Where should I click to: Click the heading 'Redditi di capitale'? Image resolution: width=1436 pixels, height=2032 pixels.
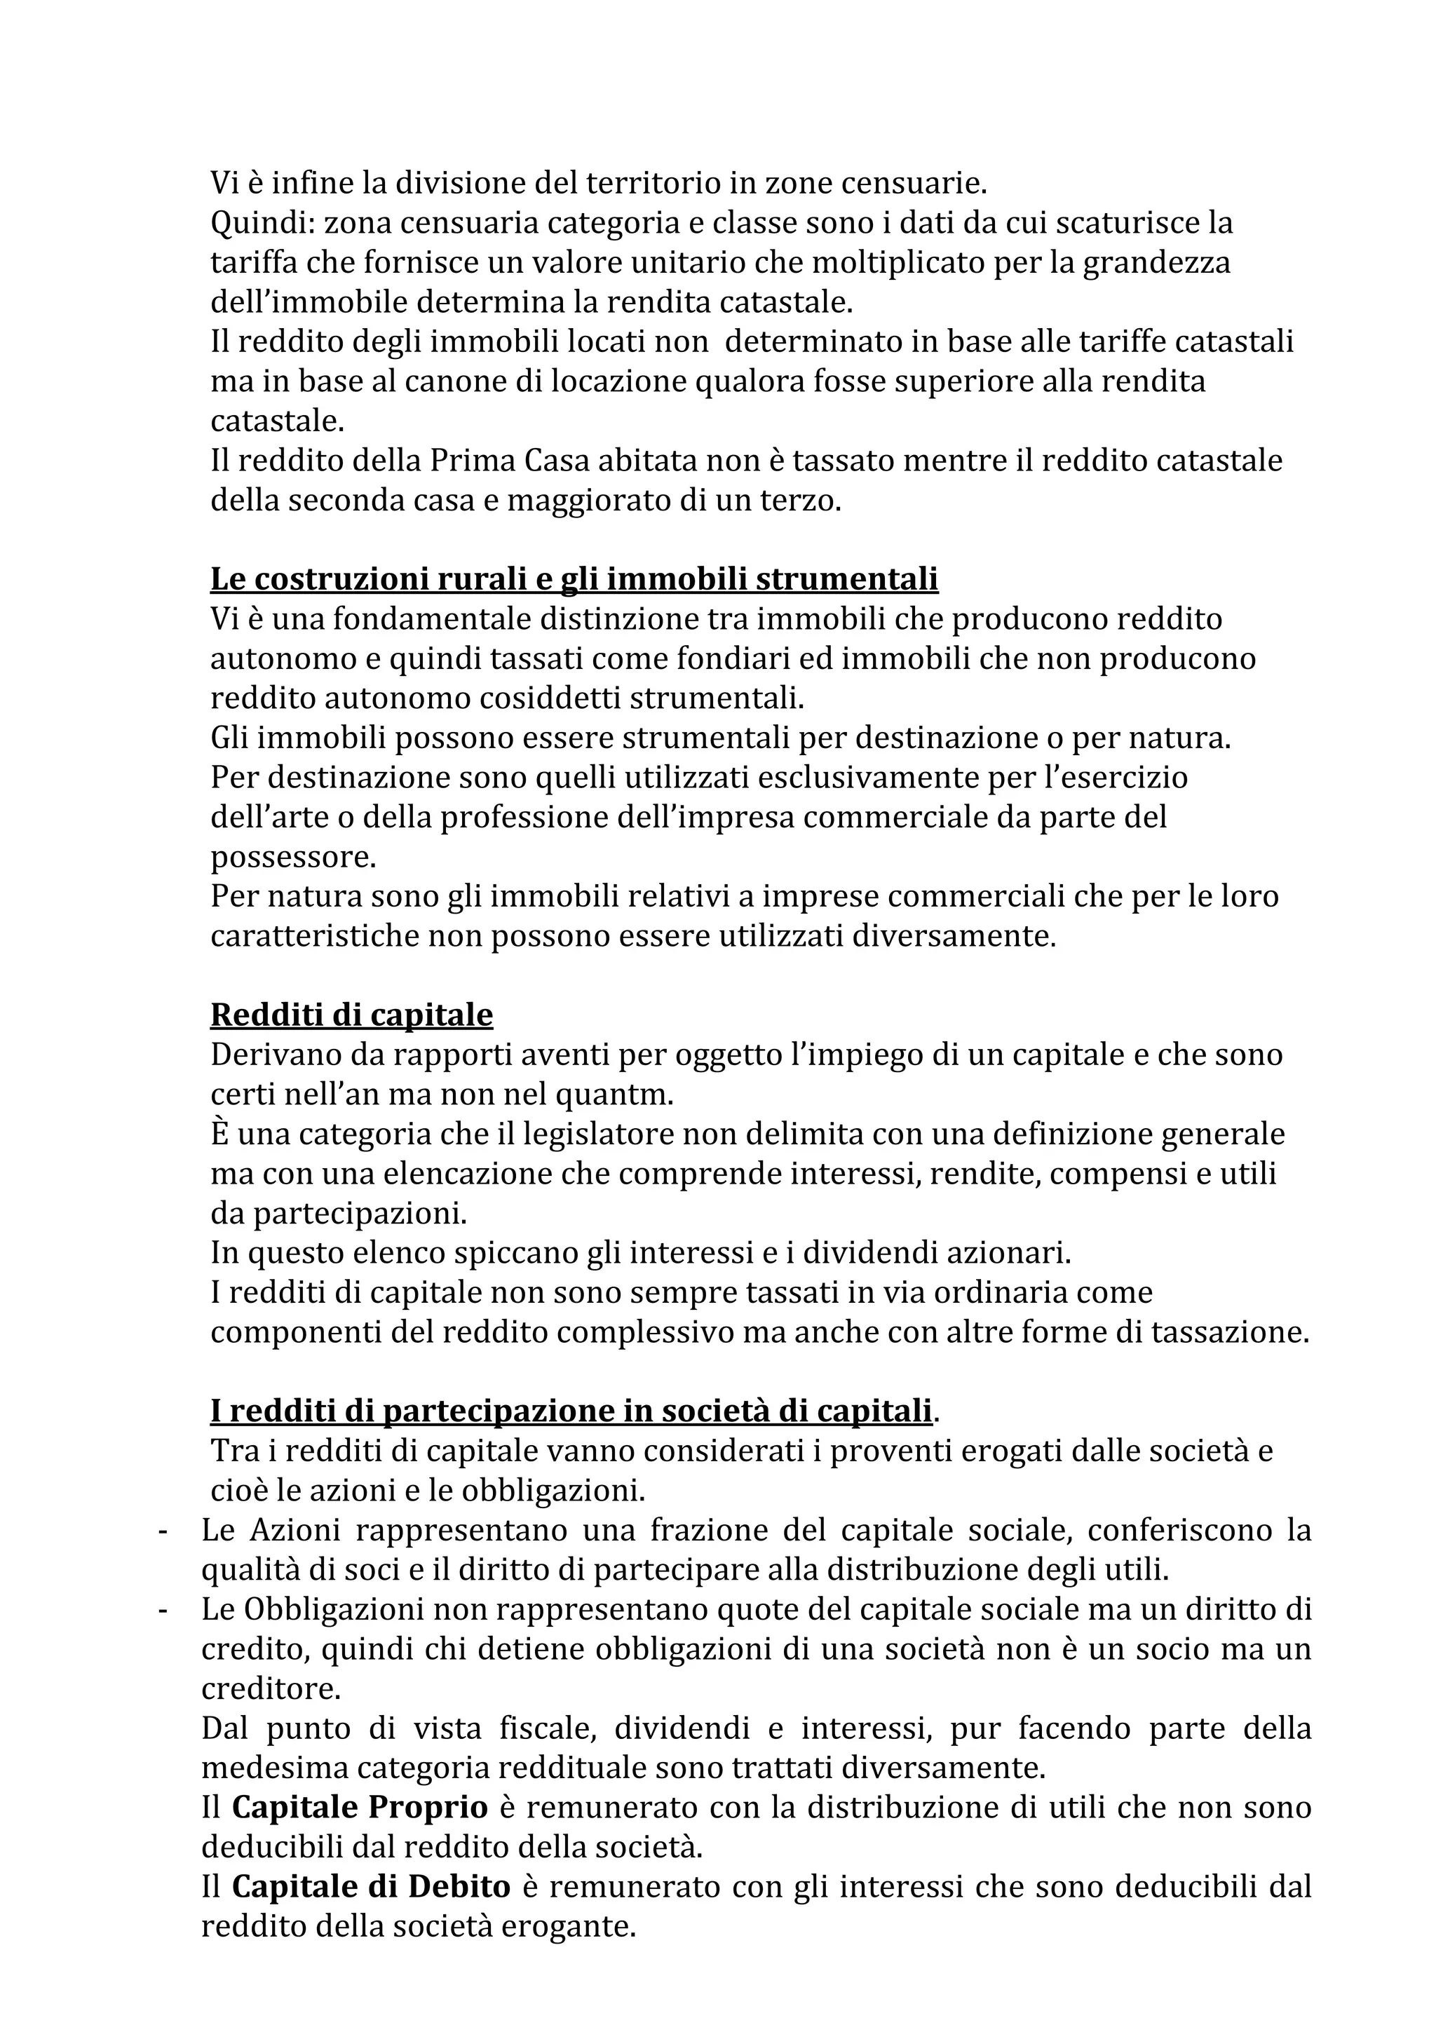pos(351,1015)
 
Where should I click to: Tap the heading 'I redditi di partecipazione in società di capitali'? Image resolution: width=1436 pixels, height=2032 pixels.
pos(571,1411)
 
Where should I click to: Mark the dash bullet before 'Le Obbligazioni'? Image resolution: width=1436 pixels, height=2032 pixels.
pos(163,1610)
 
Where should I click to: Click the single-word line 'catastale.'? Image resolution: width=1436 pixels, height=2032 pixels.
pos(277,421)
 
